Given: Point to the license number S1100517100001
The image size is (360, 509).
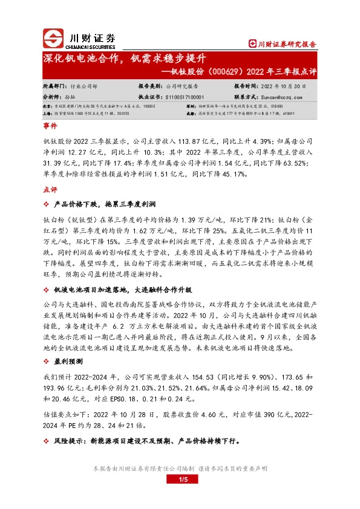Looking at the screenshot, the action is tap(185, 96).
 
